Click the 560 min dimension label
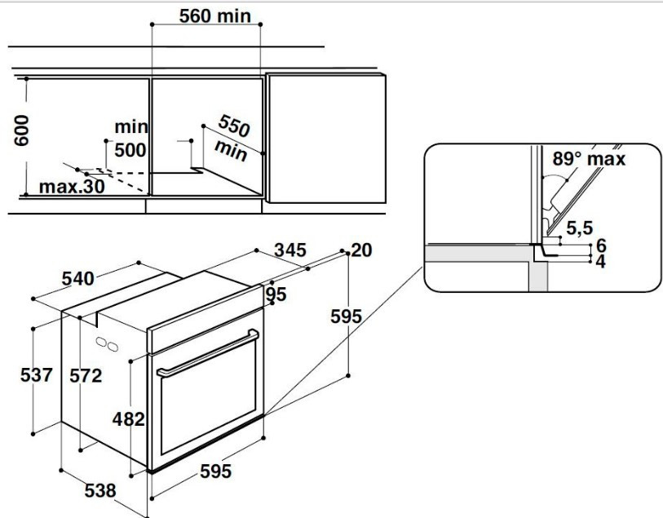click(x=215, y=16)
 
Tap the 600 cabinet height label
click(x=22, y=130)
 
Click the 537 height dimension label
click(x=37, y=375)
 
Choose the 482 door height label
click(x=129, y=419)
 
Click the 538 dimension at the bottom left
click(x=100, y=491)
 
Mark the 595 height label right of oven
click(x=346, y=317)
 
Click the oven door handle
click(x=207, y=355)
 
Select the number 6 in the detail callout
click(x=600, y=245)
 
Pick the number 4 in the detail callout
click(x=600, y=262)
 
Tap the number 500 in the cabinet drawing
click(x=130, y=150)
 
